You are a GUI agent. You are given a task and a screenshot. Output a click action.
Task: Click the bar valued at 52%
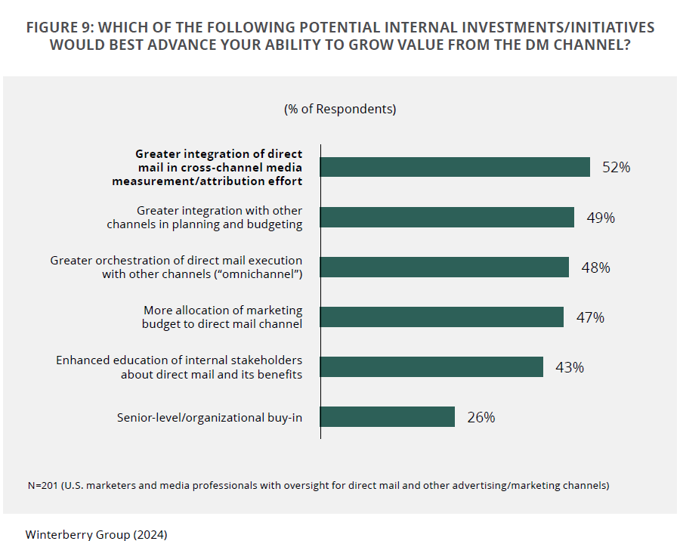(x=455, y=167)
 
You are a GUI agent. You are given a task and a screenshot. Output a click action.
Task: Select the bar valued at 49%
(x=447, y=218)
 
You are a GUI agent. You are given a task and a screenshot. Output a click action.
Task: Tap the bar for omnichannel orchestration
(x=444, y=267)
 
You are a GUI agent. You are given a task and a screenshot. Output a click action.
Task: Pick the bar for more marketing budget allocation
(x=442, y=317)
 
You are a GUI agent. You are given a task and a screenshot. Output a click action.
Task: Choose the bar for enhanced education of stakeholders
(x=431, y=367)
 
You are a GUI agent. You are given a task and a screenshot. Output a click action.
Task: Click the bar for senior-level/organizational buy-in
(x=388, y=417)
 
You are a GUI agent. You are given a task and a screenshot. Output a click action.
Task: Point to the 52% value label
(x=616, y=168)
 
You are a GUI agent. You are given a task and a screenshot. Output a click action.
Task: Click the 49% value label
(x=601, y=218)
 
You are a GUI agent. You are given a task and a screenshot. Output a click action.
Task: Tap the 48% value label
(x=595, y=267)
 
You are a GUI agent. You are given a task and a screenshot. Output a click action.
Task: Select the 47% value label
(x=590, y=317)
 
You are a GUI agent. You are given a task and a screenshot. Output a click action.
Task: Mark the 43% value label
(x=570, y=367)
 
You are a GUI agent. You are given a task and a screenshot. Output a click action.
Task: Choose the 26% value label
(x=481, y=417)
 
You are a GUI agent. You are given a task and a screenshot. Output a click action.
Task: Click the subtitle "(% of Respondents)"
(x=340, y=109)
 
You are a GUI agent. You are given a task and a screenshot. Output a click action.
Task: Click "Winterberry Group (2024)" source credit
(x=96, y=534)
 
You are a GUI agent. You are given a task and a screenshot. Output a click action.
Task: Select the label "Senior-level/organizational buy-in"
(x=209, y=417)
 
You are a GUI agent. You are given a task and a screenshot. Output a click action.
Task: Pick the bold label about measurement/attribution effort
(x=208, y=168)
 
